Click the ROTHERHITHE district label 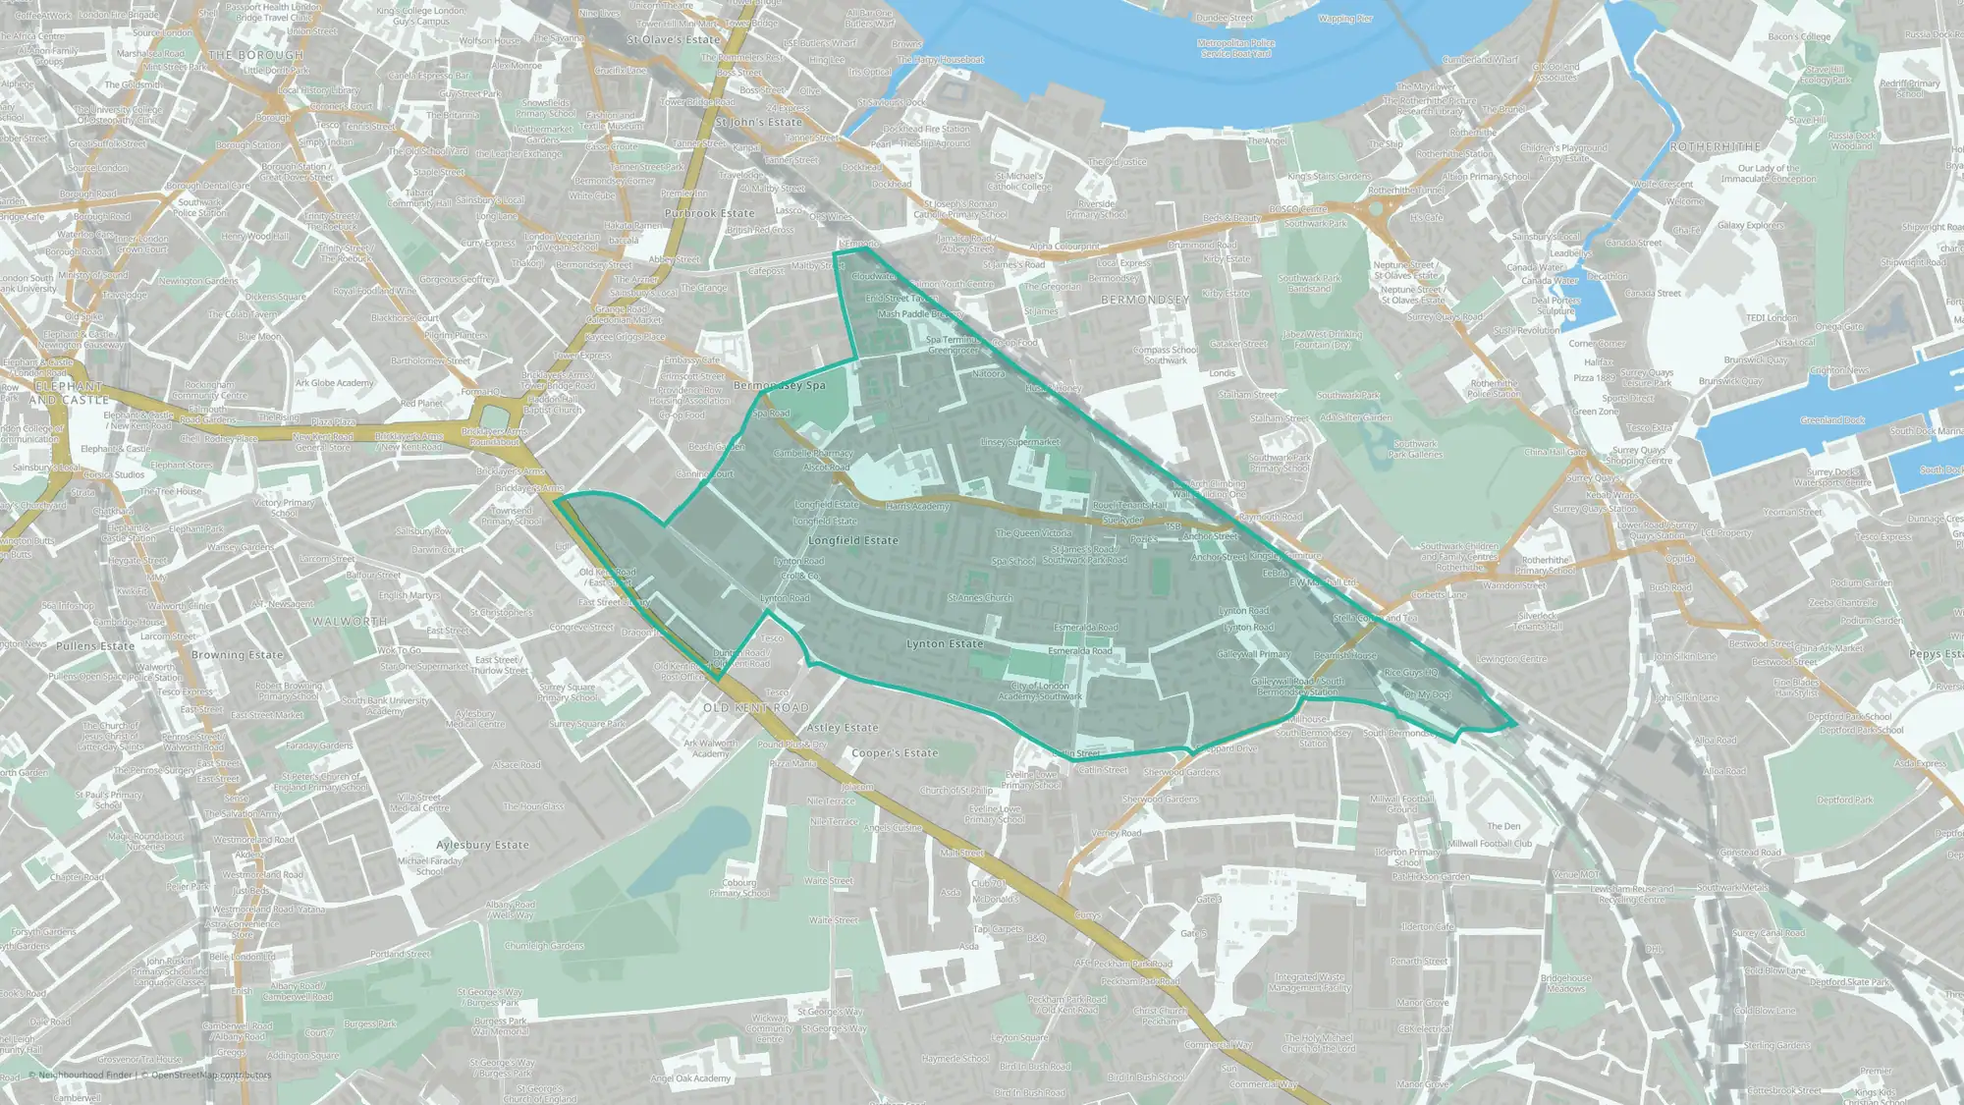coord(1716,146)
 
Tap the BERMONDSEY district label coord(1145,299)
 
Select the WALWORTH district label coord(350,622)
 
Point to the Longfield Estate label coord(852,540)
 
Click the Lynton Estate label coord(945,644)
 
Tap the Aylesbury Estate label coord(482,845)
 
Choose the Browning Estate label coord(237,655)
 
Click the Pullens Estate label coord(95,646)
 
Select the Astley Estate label coord(842,728)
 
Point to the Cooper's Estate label coord(895,753)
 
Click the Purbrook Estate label coord(709,213)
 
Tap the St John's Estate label coord(758,123)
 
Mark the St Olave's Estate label coord(673,40)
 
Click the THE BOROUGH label coord(255,55)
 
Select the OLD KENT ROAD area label coord(755,707)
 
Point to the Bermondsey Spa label coord(780,386)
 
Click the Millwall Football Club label coord(1490,844)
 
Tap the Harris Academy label coord(917,507)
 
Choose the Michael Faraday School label coord(429,865)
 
